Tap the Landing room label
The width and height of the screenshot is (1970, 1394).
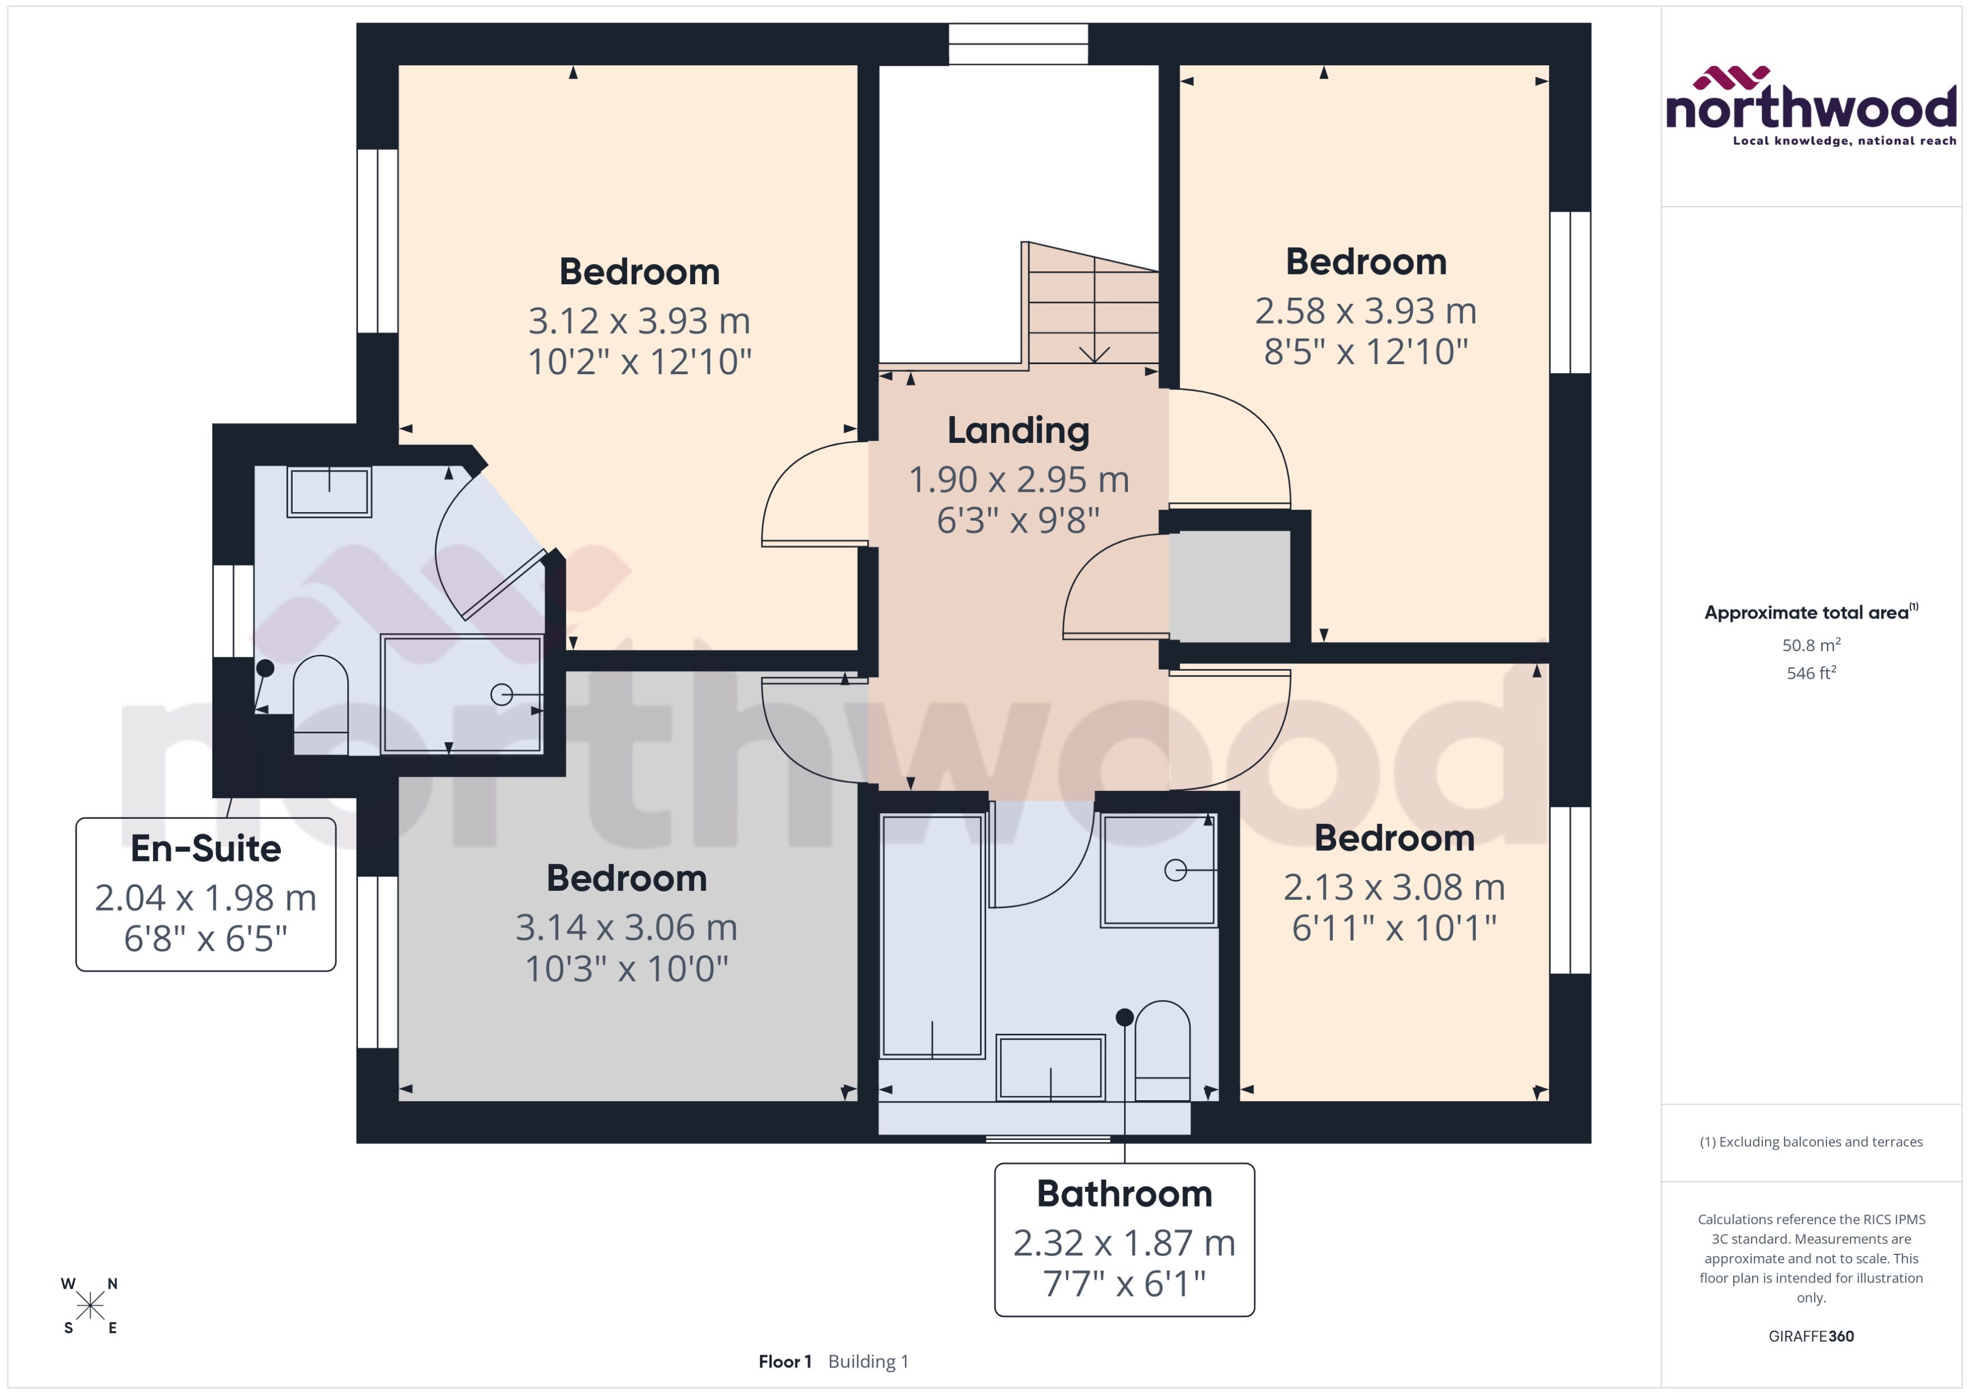point(1018,430)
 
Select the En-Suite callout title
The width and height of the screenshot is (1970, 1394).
point(206,848)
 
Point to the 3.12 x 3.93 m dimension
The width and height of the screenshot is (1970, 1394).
point(639,321)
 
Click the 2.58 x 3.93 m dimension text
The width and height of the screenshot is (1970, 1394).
point(1365,311)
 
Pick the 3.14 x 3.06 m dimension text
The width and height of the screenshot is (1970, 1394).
point(626,927)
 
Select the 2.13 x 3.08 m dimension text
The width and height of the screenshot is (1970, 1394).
point(1394,887)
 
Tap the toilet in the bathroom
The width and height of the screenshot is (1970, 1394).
point(1162,1051)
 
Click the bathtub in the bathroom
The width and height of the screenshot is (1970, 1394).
point(932,936)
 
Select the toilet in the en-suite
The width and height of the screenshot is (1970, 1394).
point(320,704)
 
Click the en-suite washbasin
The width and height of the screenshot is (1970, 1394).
point(329,492)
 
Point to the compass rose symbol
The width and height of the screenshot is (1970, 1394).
point(89,1306)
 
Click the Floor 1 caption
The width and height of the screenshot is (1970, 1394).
point(783,1361)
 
